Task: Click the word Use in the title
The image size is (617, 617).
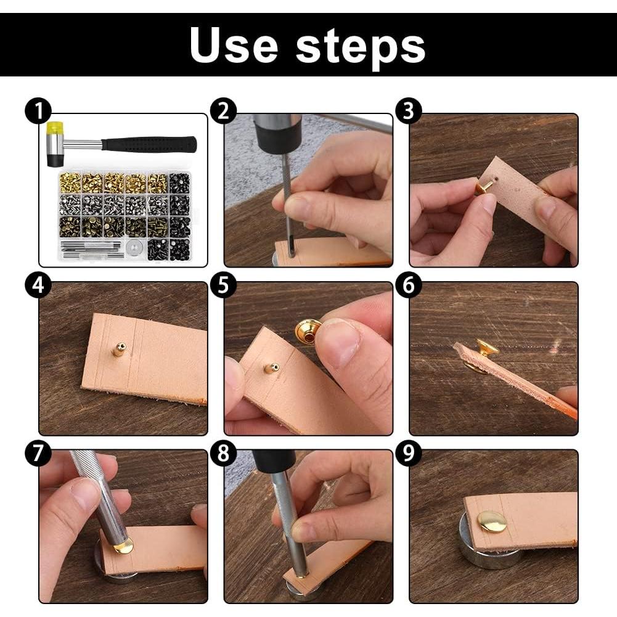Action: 234,44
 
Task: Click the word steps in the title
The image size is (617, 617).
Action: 360,48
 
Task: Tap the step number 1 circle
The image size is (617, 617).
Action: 38,111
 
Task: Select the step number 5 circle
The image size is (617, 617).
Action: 223,285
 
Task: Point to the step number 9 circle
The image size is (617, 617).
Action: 408,453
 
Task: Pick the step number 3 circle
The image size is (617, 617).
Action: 409,111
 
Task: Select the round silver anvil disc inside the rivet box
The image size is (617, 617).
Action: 134,248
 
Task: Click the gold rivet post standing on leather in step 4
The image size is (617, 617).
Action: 119,349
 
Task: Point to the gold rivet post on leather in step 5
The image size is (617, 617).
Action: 271,369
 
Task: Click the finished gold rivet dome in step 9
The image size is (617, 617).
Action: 491,522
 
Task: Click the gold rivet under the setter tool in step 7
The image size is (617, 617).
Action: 123,546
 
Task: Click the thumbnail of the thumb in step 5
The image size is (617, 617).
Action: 341,342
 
